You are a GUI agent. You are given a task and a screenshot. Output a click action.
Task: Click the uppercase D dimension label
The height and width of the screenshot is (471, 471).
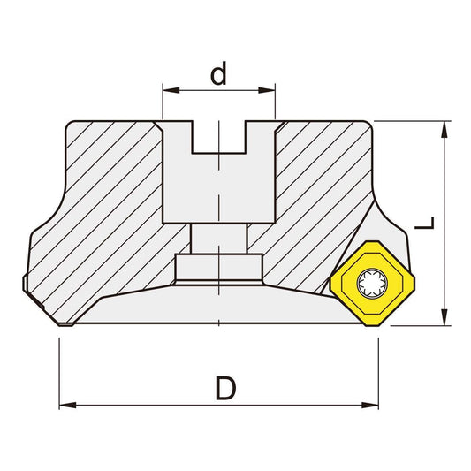[226, 387]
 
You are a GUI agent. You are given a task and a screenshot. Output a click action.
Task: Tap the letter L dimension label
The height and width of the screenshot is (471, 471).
[426, 223]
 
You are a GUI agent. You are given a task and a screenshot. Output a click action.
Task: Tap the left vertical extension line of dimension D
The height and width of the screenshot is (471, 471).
[59, 371]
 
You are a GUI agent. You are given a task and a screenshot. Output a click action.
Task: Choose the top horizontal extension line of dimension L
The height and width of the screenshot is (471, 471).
[415, 121]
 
